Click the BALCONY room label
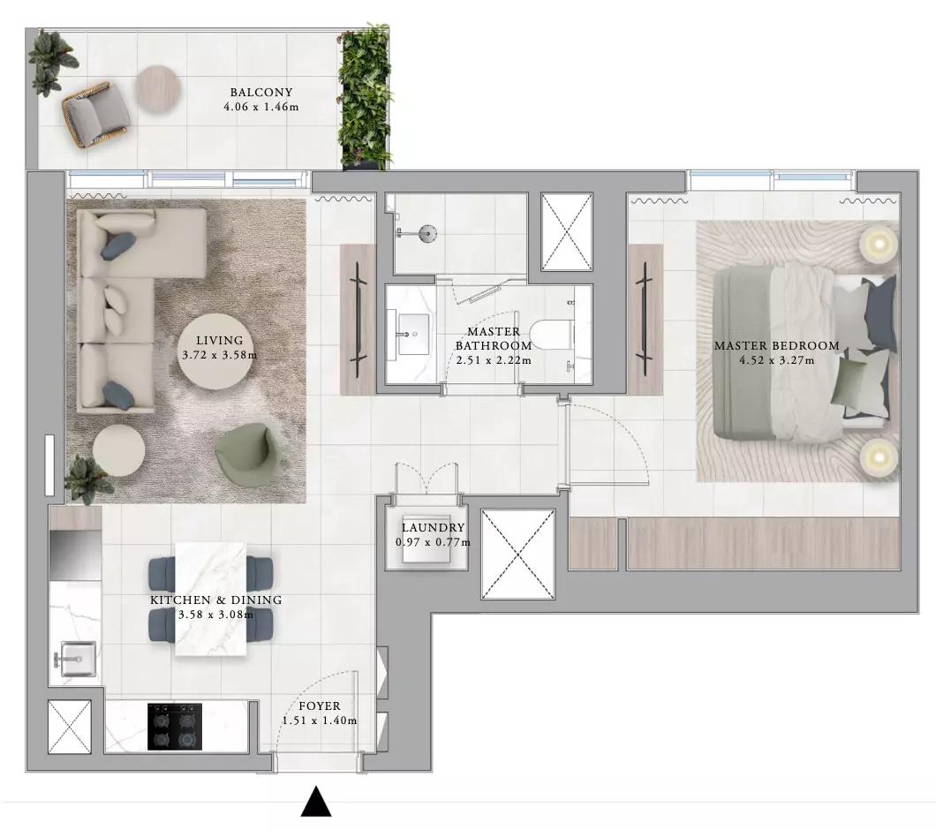pos(261,93)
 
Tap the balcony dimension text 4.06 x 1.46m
pos(261,108)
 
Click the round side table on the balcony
pos(156,87)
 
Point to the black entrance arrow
pos(316,802)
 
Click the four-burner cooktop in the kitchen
pos(175,726)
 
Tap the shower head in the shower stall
pos(427,232)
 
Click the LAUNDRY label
pos(433,528)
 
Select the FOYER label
pos(320,706)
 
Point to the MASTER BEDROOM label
pos(777,346)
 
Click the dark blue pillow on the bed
pos(881,313)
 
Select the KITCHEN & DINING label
pos(216,600)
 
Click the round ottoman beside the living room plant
pos(119,450)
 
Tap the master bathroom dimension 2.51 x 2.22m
pos(494,360)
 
